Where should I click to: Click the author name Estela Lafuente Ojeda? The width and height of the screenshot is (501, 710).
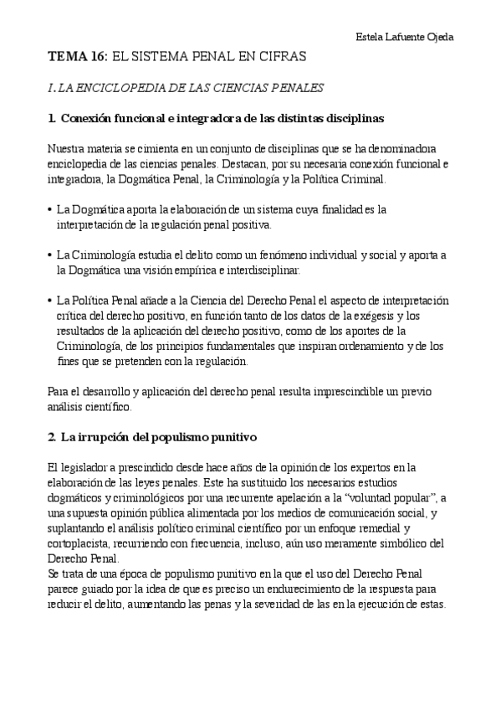(x=404, y=37)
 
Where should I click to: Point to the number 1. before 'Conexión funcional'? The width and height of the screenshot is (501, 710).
(x=53, y=116)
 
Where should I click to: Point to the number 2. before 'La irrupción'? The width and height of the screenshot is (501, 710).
(x=53, y=437)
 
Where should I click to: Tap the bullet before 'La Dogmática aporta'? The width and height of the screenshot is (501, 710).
(x=52, y=209)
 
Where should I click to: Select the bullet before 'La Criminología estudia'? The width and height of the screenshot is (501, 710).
(x=52, y=255)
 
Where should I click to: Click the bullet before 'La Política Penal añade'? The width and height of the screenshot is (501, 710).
(x=52, y=301)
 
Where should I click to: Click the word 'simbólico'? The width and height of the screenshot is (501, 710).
(x=392, y=543)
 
